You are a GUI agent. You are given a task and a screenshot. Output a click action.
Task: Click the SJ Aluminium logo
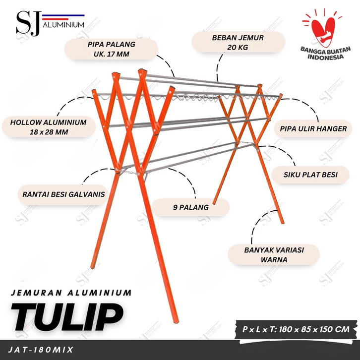[x=50, y=23]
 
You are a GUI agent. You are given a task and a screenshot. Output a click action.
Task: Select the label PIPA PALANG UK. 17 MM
[x=112, y=49]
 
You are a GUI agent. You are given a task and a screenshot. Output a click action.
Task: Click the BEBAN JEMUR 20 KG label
[x=238, y=43]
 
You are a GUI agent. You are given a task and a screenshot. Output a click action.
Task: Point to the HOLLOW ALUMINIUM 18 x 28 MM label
[x=49, y=127]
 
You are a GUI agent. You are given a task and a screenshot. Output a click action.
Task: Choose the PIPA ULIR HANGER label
[x=313, y=128]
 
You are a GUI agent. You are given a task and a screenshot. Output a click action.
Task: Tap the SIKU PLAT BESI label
[x=310, y=175]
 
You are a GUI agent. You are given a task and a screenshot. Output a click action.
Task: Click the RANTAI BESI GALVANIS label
[x=63, y=194]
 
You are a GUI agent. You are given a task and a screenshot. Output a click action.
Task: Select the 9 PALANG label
[x=190, y=207]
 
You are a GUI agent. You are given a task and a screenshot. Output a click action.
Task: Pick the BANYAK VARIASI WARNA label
[x=274, y=254]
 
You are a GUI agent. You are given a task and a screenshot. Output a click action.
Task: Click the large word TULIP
[x=67, y=317]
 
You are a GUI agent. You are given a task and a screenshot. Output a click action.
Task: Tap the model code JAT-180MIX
[x=41, y=350]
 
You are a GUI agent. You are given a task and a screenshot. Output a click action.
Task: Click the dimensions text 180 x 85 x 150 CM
[x=314, y=329]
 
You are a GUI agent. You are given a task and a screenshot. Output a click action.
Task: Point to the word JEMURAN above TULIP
[x=37, y=293]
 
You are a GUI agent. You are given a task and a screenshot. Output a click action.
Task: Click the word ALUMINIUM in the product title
[x=100, y=293]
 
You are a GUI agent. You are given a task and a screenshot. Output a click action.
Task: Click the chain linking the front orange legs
[x=130, y=172]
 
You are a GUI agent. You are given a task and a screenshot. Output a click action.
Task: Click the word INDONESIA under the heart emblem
[x=326, y=57]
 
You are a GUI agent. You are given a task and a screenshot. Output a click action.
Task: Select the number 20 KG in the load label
[x=238, y=47]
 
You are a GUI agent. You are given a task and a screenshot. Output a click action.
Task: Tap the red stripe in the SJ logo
[x=56, y=19]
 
